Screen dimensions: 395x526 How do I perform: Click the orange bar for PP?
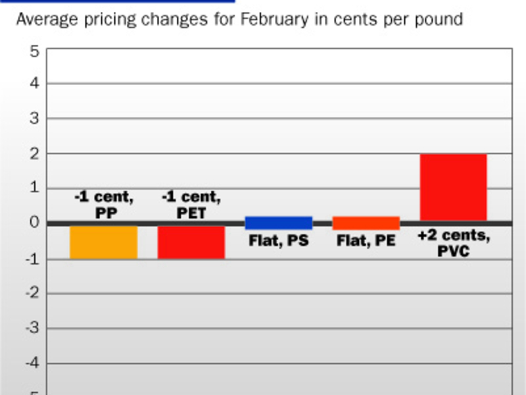tap(103, 242)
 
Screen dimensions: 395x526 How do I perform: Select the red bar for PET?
tap(191, 242)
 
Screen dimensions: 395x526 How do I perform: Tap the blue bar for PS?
tap(278, 223)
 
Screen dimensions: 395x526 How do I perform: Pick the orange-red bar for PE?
tap(366, 223)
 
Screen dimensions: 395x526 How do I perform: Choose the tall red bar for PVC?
tap(453, 188)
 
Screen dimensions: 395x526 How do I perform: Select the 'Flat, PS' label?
tap(278, 241)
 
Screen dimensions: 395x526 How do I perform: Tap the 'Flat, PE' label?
tap(366, 241)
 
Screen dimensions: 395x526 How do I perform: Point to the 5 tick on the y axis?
tap(34, 50)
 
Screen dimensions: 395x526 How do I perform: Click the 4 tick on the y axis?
tap(34, 84)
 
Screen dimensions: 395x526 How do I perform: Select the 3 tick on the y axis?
tap(34, 119)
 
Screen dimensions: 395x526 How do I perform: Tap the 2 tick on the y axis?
tap(34, 154)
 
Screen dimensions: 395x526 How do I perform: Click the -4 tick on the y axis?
tap(32, 363)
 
